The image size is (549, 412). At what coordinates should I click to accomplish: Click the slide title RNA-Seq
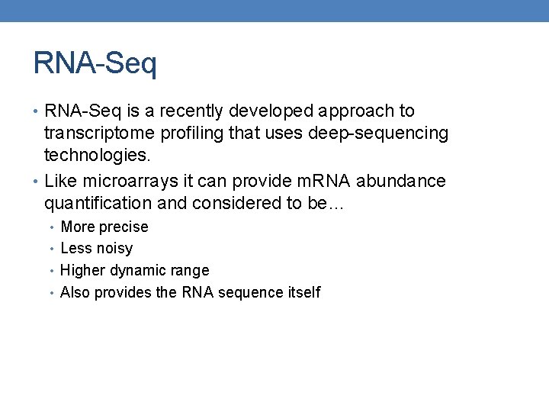(x=95, y=63)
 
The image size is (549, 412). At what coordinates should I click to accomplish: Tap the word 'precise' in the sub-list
(x=124, y=227)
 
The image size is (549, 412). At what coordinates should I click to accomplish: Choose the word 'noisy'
(x=114, y=249)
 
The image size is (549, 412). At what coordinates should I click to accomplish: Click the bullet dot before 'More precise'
(x=52, y=227)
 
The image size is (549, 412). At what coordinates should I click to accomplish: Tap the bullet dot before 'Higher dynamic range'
(x=52, y=271)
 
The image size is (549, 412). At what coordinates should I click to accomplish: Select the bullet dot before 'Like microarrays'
(x=37, y=182)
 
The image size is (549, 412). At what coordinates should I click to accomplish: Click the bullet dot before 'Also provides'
(x=52, y=293)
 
